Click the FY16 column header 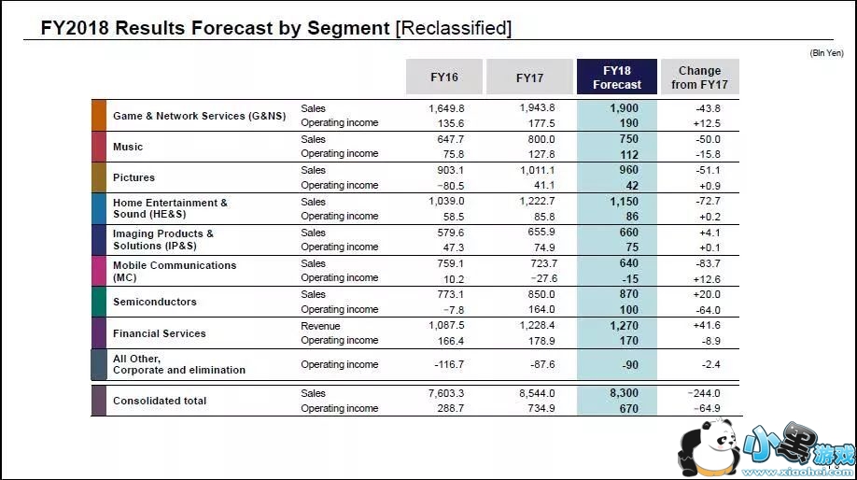point(444,77)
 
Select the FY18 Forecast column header point(617,78)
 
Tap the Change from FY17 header point(699,78)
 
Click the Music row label point(128,147)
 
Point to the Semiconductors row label point(155,302)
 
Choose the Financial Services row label point(160,333)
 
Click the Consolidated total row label point(160,401)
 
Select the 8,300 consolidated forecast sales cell point(623,393)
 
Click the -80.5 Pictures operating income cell point(445,185)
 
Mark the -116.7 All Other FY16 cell point(445,364)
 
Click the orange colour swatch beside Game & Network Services point(99,116)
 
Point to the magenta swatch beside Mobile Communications point(99,271)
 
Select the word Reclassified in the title point(454,28)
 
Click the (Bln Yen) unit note point(827,53)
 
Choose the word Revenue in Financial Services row point(320,326)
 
